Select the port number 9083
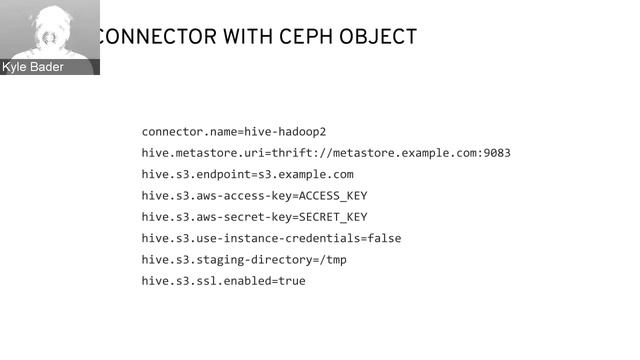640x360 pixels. coord(497,153)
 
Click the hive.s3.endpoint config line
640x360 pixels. coord(247,174)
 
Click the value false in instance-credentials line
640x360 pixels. coord(384,238)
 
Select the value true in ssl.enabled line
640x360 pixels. coord(291,281)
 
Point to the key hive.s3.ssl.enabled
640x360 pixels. coord(205,281)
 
